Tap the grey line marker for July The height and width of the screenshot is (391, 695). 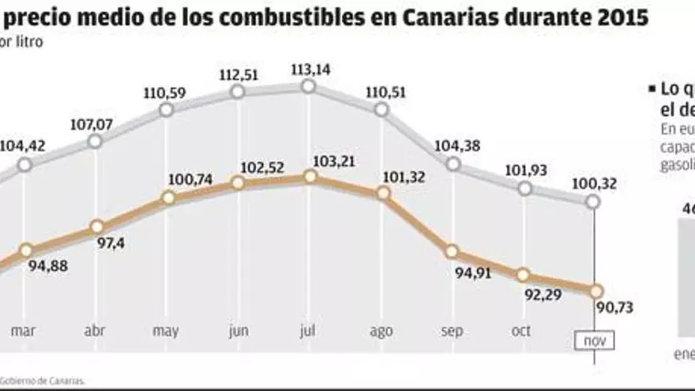click(x=309, y=87)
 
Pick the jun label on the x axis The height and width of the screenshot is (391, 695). click(x=238, y=332)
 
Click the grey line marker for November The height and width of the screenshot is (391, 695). click(x=593, y=202)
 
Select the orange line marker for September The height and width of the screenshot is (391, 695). click(x=452, y=252)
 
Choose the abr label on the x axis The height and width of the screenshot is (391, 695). click(x=95, y=332)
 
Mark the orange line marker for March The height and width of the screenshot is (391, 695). click(x=26, y=250)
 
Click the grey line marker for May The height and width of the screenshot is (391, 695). click(x=166, y=110)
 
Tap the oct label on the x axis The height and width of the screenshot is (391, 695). click(x=521, y=331)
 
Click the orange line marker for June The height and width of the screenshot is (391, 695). click(x=238, y=183)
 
